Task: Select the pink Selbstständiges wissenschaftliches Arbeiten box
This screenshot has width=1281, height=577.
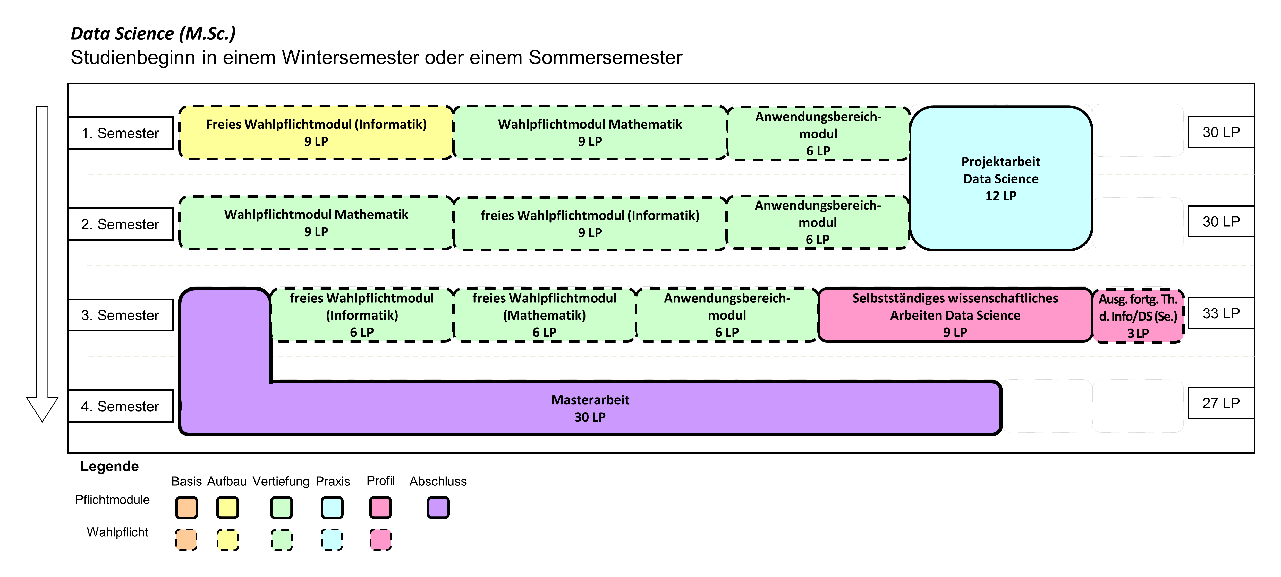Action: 955,315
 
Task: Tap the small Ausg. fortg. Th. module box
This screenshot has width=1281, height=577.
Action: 1138,316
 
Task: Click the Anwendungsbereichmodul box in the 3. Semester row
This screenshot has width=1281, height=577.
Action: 727,315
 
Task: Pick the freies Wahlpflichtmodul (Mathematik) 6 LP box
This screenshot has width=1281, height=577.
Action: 545,315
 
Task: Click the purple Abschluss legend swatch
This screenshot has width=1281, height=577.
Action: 438,508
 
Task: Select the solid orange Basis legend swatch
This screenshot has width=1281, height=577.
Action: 186,508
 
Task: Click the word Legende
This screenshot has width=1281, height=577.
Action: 109,466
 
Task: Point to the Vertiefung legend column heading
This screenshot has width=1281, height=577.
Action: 281,481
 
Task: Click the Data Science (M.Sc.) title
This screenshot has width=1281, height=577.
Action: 153,33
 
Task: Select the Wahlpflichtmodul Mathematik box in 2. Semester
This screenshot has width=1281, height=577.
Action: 316,223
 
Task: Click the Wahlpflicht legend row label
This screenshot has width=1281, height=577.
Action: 117,532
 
